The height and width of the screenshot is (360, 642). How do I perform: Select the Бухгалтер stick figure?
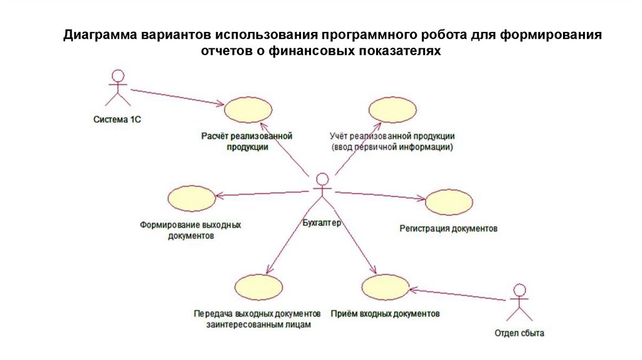(322, 194)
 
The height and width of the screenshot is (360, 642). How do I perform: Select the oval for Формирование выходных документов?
(191, 199)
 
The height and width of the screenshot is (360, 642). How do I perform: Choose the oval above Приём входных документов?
(386, 288)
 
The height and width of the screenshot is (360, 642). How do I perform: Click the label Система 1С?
(117, 119)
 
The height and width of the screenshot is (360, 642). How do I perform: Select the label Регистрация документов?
(448, 229)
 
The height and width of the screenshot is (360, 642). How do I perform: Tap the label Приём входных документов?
(385, 313)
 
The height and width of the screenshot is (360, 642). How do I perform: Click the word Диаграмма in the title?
(100, 34)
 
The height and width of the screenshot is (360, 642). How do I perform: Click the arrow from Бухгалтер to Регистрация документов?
(379, 195)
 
